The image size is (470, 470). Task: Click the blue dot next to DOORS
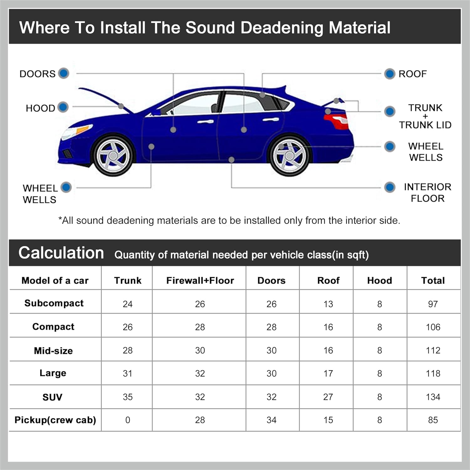(64, 73)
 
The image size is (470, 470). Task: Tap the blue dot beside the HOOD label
(63, 107)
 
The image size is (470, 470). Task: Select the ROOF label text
(412, 74)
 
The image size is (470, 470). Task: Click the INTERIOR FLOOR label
(427, 192)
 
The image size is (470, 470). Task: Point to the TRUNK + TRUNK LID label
(425, 116)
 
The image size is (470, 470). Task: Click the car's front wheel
(113, 155)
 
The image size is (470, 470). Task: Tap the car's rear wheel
(290, 155)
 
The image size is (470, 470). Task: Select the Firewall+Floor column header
(200, 280)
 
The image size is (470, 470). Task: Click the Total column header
(433, 280)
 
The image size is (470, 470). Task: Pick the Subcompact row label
(54, 303)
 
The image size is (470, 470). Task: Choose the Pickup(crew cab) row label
(55, 420)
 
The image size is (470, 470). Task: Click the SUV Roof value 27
(328, 397)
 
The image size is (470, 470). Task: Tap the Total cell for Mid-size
(433, 350)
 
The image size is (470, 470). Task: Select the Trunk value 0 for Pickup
(128, 420)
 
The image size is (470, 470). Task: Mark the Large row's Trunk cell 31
(128, 373)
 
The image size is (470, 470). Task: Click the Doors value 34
(271, 420)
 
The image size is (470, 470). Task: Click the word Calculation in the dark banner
(61, 253)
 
